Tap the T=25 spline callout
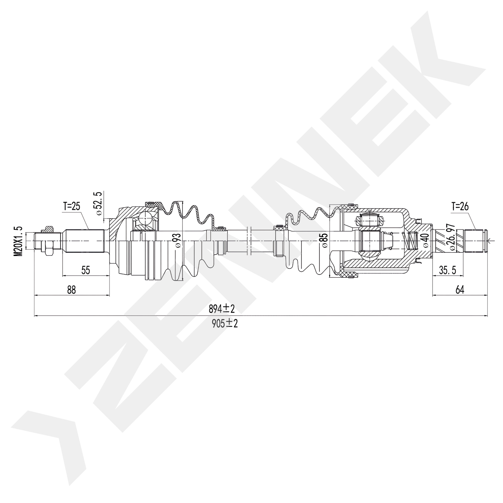(71, 206)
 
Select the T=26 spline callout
(460, 206)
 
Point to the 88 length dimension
(71, 290)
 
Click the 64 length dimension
(460, 290)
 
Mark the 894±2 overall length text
(222, 309)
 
